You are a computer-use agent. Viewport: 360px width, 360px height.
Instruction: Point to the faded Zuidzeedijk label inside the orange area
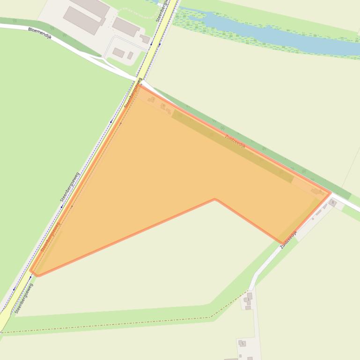click(x=235, y=141)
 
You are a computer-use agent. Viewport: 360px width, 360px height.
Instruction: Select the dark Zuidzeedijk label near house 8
click(x=288, y=238)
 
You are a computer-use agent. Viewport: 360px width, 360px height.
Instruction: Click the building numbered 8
click(x=333, y=202)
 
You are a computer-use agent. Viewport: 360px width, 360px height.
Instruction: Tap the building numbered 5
click(x=242, y=344)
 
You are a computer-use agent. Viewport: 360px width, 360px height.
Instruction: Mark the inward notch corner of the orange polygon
click(x=215, y=199)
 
